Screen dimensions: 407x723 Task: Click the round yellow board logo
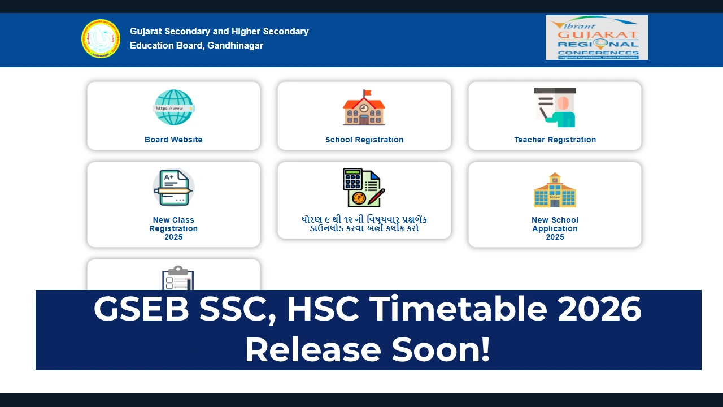(x=101, y=38)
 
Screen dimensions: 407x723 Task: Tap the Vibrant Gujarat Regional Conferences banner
(x=596, y=37)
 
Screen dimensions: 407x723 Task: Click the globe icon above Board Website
(x=173, y=107)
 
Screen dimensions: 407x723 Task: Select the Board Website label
(x=173, y=140)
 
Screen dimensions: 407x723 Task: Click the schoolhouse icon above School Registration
(x=364, y=108)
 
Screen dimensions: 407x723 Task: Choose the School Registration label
(x=364, y=140)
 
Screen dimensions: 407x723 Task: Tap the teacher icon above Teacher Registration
(x=555, y=107)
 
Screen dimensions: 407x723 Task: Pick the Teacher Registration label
(x=555, y=140)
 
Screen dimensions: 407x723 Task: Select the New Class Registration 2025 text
(x=173, y=228)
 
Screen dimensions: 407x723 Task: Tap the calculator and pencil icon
(x=364, y=188)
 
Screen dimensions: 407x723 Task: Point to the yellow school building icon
(x=555, y=190)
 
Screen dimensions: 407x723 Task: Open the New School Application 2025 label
(x=555, y=228)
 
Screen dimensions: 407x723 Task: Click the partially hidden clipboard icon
(x=178, y=278)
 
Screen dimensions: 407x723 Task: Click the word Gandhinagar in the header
(x=235, y=45)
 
